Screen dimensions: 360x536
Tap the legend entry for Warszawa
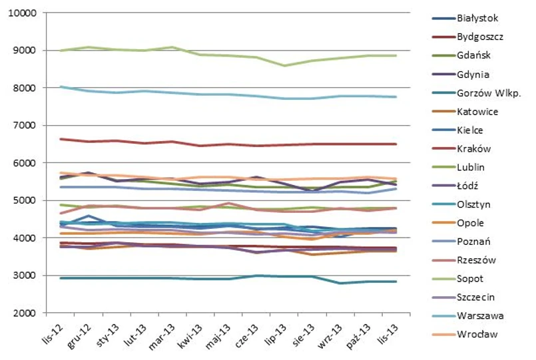coord(480,315)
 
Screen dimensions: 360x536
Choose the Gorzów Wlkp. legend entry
coord(489,92)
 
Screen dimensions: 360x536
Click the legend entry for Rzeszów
coord(477,260)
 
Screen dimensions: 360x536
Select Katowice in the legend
coord(479,111)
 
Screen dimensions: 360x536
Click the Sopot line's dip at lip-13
coord(284,65)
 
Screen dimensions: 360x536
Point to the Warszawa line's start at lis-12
coord(61,87)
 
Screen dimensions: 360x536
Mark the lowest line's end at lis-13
coord(396,281)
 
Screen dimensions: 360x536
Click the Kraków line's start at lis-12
coord(61,138)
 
